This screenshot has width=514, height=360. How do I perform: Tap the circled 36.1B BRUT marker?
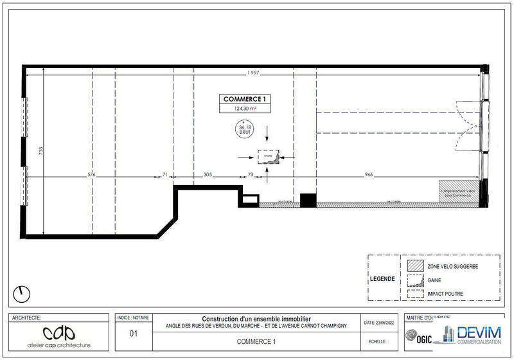(244, 130)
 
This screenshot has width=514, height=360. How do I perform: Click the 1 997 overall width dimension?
(253, 73)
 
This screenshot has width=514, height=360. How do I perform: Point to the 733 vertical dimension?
(41, 152)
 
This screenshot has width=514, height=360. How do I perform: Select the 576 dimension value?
(91, 175)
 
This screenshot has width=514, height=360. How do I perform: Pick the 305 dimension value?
(208, 175)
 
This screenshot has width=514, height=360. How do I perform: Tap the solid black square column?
(308, 200)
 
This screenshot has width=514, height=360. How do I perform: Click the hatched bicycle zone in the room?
(459, 192)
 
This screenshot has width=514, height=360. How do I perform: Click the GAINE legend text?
(435, 280)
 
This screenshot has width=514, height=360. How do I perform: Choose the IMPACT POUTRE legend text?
(445, 294)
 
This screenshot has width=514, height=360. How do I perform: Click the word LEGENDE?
(383, 280)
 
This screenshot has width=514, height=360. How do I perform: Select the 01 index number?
(134, 334)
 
